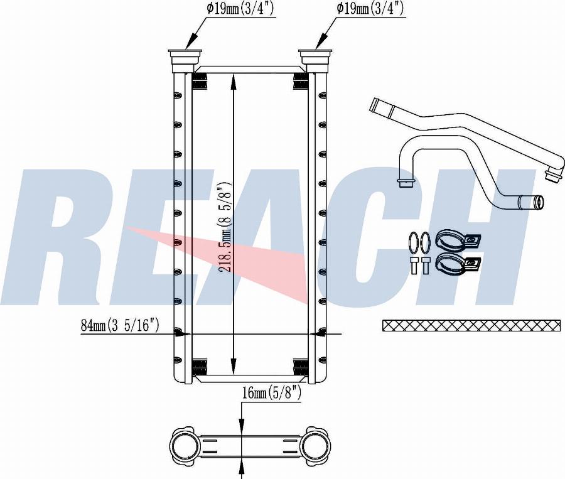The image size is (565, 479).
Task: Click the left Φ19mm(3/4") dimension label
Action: pyautogui.click(x=240, y=9)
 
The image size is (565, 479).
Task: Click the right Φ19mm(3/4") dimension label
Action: pyautogui.click(x=370, y=9)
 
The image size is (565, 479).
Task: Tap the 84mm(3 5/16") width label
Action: pyautogui.click(x=120, y=325)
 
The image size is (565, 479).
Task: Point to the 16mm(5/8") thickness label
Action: pyautogui.click(x=272, y=392)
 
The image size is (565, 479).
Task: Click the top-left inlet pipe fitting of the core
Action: pyautogui.click(x=185, y=60)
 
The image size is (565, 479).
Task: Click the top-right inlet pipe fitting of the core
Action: pyautogui.click(x=315, y=60)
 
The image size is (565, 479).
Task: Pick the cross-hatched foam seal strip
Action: pyautogui.click(x=471, y=325)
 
